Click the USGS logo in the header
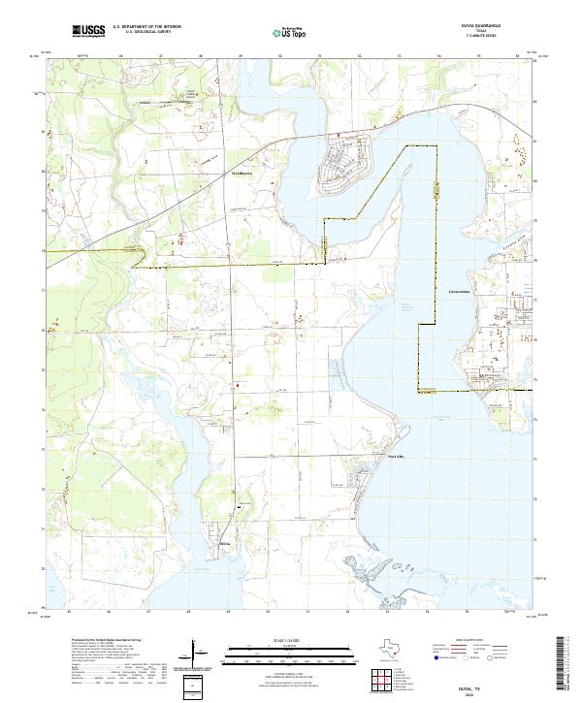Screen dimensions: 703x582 [88, 31]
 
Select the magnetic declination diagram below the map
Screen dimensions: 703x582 [196, 655]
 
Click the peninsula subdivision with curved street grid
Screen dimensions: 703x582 [346, 156]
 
